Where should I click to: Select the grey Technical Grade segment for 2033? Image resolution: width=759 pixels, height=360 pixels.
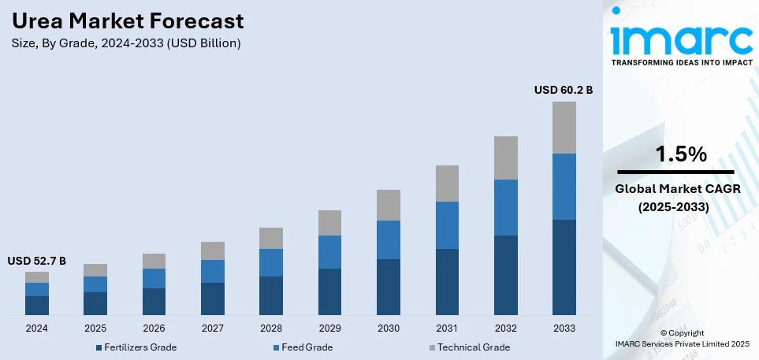(x=564, y=128)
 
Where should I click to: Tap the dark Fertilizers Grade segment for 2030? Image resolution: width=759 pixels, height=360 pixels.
(x=388, y=287)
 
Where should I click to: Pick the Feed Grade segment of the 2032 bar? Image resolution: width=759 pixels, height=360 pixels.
(x=505, y=207)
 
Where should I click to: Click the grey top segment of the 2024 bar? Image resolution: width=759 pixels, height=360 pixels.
(x=37, y=277)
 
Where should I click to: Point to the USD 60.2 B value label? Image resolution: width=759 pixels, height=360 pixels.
(x=563, y=91)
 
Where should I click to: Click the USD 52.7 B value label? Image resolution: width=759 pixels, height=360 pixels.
(x=37, y=261)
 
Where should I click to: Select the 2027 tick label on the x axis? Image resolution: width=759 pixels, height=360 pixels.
(x=213, y=328)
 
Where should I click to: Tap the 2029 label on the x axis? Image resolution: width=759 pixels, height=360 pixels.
(x=329, y=328)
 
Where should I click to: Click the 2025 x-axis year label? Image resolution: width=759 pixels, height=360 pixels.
(x=95, y=328)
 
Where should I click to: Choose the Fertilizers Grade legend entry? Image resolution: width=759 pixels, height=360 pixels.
(x=136, y=347)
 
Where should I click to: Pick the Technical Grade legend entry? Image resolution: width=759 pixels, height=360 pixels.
(x=467, y=347)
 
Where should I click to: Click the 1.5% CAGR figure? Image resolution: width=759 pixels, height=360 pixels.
(x=675, y=155)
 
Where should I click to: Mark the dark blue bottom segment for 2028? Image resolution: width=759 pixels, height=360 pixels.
(x=271, y=295)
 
